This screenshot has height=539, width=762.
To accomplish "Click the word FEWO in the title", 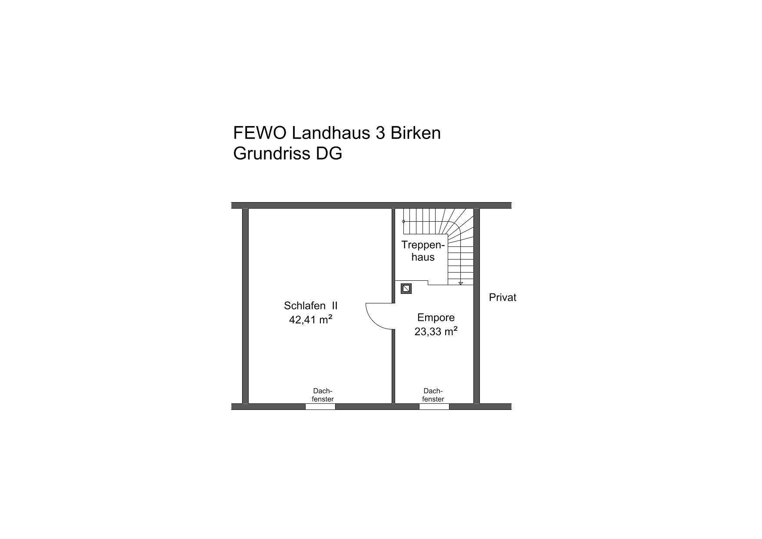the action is pyautogui.click(x=260, y=133).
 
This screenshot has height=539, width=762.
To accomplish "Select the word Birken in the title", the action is pyautogui.click(x=416, y=133).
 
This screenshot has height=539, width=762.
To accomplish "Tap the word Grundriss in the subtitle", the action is pyautogui.click(x=270, y=153).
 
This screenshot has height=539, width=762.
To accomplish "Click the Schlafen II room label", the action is pyautogui.click(x=311, y=306).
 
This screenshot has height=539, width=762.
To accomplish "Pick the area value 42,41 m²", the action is pyautogui.click(x=311, y=319).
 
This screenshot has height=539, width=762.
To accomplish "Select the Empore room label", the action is pyautogui.click(x=436, y=317).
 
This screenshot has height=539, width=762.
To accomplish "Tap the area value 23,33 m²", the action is pyautogui.click(x=436, y=332).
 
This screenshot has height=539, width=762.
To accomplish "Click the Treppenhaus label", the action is pyautogui.click(x=423, y=251).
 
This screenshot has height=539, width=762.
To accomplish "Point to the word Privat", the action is pyautogui.click(x=503, y=298).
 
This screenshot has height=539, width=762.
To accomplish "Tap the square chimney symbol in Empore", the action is pyautogui.click(x=406, y=289).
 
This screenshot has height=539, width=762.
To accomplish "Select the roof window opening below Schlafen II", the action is pyautogui.click(x=320, y=407).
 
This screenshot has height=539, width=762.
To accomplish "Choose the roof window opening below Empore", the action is pyautogui.click(x=434, y=407).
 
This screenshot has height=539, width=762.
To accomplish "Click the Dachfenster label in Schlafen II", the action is pyautogui.click(x=323, y=395).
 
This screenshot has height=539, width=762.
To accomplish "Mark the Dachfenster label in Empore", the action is pyautogui.click(x=433, y=395).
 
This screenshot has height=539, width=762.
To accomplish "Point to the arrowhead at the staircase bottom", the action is pyautogui.click(x=461, y=283).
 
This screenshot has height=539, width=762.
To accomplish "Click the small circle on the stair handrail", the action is pyautogui.click(x=403, y=222).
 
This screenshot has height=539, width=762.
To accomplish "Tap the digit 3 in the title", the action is pyautogui.click(x=379, y=133).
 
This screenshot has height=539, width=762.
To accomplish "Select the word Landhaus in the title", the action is pyautogui.click(x=330, y=133).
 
